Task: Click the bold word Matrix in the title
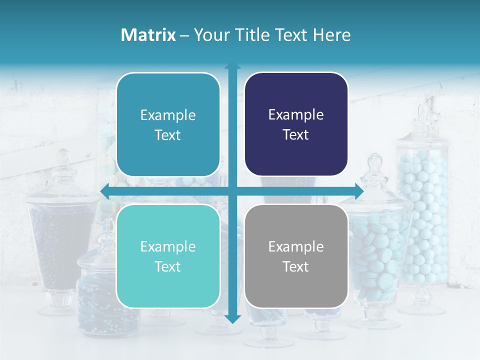(x=148, y=35)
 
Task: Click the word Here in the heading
(x=331, y=35)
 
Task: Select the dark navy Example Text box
(x=296, y=124)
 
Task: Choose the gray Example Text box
(x=296, y=256)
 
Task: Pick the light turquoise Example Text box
(x=168, y=256)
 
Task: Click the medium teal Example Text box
(x=168, y=124)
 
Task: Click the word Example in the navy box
(x=296, y=115)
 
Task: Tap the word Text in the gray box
(x=296, y=266)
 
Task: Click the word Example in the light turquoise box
(x=168, y=246)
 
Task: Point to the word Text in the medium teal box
(x=168, y=135)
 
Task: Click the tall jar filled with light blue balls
(x=423, y=215)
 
